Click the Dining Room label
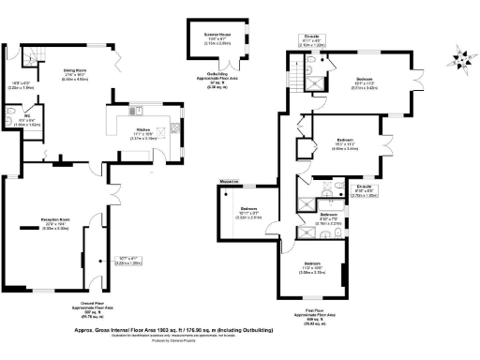(74, 70)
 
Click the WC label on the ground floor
(26, 116)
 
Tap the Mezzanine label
(231, 180)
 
